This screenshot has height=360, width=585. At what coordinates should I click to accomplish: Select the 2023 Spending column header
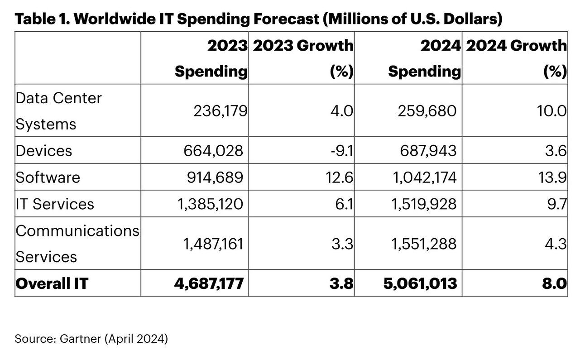point(211,58)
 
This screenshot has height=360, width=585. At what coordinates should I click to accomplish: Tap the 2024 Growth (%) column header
point(516,58)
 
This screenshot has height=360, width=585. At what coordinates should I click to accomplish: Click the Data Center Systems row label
point(59,110)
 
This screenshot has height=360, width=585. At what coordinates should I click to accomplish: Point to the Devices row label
point(44,150)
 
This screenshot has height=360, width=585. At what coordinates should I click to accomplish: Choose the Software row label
point(48,177)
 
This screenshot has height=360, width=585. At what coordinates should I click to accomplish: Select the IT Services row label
point(55,204)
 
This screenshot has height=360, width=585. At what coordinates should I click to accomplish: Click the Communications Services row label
point(77,244)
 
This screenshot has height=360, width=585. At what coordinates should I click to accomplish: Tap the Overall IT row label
point(52,283)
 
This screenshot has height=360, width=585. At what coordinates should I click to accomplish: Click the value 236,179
point(220,111)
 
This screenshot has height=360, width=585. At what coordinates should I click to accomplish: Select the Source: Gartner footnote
point(91,339)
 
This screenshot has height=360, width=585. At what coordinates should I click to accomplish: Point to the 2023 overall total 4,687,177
point(209,283)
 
